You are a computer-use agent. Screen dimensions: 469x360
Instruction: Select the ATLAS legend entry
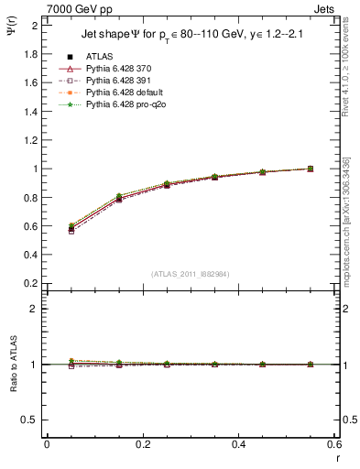(102, 57)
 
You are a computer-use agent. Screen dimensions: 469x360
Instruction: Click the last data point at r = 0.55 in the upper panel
(310, 169)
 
